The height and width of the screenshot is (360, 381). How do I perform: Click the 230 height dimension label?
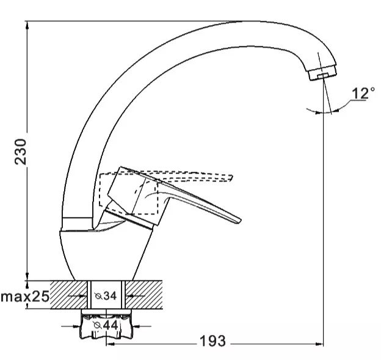tap(20, 152)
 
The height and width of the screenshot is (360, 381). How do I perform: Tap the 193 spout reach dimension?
tap(212, 341)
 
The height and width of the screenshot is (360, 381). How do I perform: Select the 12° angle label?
tap(363, 93)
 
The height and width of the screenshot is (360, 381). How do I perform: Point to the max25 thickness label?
tap(25, 296)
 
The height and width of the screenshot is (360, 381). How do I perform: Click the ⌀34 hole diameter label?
tap(106, 296)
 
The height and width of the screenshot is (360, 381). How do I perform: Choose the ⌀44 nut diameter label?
tap(106, 325)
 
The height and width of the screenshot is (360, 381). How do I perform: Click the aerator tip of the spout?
tap(323, 72)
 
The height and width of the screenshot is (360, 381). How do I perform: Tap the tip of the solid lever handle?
tap(240, 221)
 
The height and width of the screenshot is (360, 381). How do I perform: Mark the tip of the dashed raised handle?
tap(232, 178)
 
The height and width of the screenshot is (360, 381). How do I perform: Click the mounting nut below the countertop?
tap(106, 324)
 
